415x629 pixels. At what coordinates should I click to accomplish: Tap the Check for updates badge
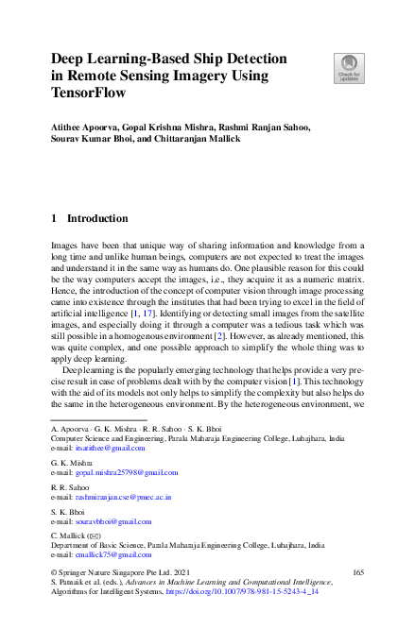coord(349,68)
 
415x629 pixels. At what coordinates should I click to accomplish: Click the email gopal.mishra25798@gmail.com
coord(117,471)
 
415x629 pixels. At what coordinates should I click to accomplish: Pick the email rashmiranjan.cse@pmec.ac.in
coord(121,496)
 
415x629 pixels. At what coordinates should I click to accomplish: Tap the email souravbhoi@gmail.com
coord(107,520)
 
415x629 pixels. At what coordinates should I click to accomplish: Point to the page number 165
coord(357,572)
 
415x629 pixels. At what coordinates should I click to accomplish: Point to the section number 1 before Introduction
coord(54,218)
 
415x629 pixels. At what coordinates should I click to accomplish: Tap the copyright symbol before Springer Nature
coord(54,572)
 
